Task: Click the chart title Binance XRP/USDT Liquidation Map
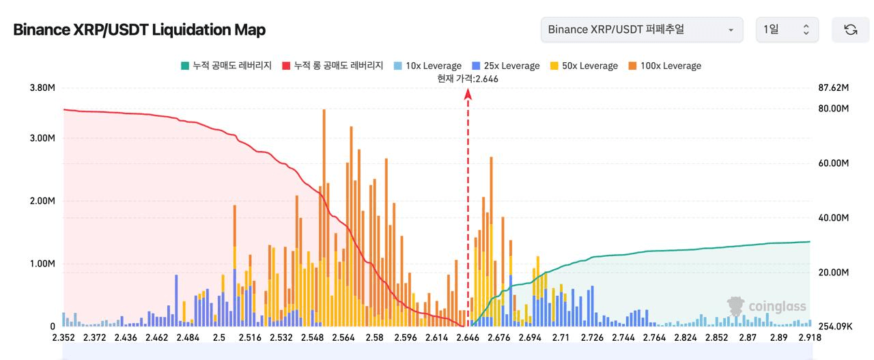pos(139,30)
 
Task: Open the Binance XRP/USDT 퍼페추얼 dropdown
pos(641,29)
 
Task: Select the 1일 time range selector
pos(787,29)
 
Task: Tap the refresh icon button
pos(850,29)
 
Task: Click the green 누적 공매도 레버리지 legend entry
pos(226,66)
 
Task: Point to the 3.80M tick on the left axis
pos(42,87)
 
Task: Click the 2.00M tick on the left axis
pos(42,201)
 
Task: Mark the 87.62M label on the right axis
pos(833,87)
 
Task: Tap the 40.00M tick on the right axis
pos(833,217)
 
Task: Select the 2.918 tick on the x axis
pos(809,337)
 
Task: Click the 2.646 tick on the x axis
pos(468,337)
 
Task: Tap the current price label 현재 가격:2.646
pos(468,79)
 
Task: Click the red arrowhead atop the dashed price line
pos(468,94)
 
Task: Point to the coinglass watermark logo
pos(767,307)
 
